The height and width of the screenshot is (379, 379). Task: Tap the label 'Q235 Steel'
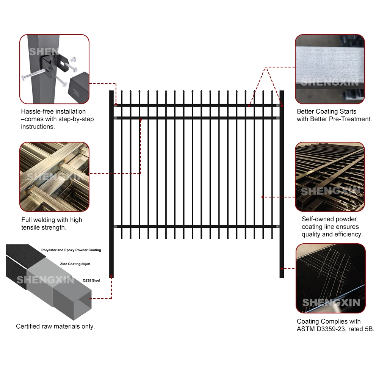pos(91,280)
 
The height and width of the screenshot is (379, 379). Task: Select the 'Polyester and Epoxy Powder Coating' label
pos(71,250)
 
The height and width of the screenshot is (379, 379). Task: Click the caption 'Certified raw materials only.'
pos(55,326)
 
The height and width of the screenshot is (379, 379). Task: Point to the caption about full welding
pos(52,224)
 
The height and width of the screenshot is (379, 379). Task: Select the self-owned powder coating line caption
pos(332,227)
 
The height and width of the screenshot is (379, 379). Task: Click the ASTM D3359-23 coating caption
pos(335,326)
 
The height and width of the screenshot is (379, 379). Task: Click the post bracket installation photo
pos(54,69)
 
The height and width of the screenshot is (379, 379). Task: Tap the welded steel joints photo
pos(54,176)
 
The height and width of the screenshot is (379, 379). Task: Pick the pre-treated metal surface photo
pos(330,69)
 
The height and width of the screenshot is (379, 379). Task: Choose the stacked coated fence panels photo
pos(330,176)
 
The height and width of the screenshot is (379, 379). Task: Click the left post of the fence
pos(111,182)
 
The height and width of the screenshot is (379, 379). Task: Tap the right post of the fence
pos(282,182)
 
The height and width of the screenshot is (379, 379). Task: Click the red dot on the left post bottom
pos(111,271)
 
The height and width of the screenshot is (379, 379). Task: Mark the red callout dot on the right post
pos(282,268)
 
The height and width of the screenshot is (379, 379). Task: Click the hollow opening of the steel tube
pos(81,297)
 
